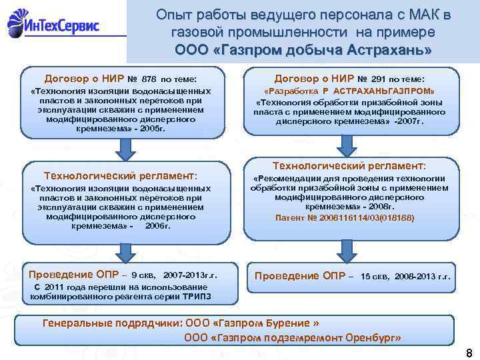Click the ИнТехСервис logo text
(x=63, y=27)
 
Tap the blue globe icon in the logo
(x=18, y=25)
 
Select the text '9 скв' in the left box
(x=143, y=275)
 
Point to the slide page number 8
(x=469, y=353)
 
